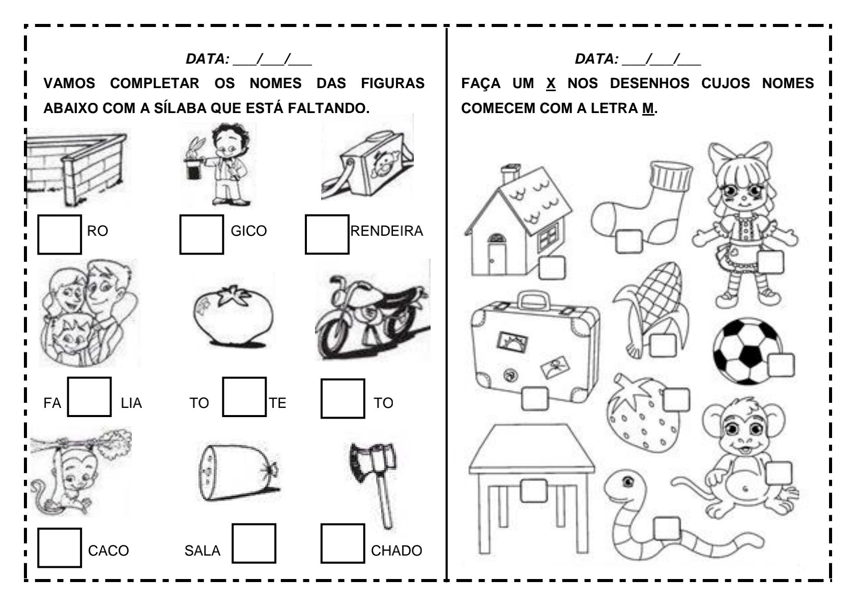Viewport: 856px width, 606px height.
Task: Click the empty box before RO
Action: [x=60, y=234]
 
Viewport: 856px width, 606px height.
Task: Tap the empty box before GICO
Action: [x=202, y=234]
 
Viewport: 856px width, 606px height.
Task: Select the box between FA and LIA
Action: [x=90, y=397]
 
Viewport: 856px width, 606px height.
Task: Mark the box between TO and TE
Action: [x=244, y=397]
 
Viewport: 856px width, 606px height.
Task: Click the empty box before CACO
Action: [x=60, y=547]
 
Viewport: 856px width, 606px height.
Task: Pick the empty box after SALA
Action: [x=254, y=543]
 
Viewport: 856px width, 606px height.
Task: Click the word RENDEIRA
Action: [x=386, y=231]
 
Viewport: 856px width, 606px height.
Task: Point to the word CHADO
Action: [x=396, y=550]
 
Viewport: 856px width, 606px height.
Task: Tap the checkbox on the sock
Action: [x=629, y=241]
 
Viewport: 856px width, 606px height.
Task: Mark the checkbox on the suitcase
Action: [x=535, y=398]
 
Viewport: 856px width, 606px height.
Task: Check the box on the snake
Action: [x=667, y=528]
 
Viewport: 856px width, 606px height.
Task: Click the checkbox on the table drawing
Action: [x=533, y=490]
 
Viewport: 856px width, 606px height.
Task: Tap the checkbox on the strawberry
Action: [x=676, y=400]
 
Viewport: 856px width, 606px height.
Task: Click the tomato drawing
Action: [x=233, y=316]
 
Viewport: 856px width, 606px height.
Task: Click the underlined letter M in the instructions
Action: [x=648, y=108]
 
